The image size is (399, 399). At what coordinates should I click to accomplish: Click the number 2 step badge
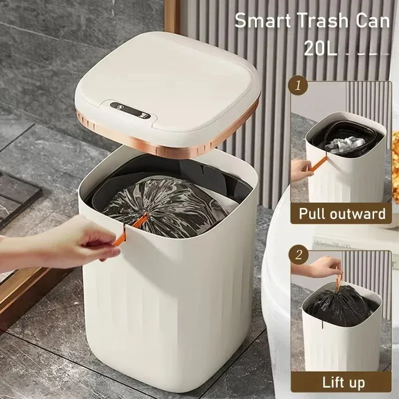point(299,255)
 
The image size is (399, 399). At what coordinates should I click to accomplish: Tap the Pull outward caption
point(342,213)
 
